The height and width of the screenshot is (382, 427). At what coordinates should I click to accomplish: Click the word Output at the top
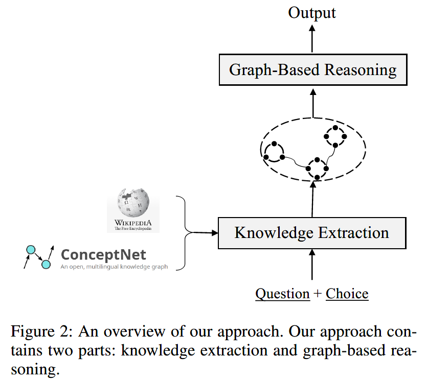pos(312,12)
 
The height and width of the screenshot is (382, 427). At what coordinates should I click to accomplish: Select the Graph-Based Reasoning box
pos(312,70)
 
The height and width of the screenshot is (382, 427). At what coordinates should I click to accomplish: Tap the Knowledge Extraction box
pos(311,233)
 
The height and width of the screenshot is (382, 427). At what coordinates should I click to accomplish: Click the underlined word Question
pos(282,294)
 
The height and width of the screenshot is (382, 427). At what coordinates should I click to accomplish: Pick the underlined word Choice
pos(347,294)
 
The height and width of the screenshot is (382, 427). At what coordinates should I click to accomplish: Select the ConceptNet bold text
pos(103,254)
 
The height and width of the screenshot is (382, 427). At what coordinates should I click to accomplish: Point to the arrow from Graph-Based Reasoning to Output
pos(312,38)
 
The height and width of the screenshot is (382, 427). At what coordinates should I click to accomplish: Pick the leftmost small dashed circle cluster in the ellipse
pos(274,152)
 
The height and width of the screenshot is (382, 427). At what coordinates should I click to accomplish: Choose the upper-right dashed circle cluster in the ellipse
pos(335,136)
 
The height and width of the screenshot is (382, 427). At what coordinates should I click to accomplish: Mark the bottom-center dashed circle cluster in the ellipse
pos(317,168)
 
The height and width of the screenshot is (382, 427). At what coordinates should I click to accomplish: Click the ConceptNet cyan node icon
pos(38,257)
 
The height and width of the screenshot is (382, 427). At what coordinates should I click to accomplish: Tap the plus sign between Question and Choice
pos(318,294)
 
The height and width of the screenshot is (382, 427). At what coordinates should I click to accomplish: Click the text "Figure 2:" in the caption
pos(40,332)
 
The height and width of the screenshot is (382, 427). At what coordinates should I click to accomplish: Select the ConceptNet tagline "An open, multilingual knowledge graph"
pos(114,267)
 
